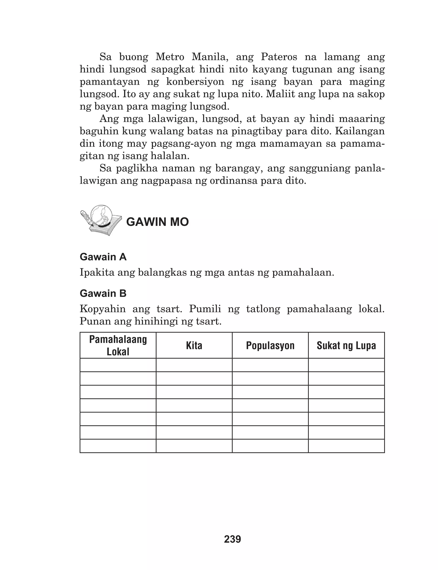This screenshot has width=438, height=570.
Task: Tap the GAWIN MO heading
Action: click(157, 222)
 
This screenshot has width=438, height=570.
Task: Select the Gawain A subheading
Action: click(103, 257)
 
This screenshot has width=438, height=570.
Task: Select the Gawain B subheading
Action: click(103, 293)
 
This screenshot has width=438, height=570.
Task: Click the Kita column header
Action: click(194, 345)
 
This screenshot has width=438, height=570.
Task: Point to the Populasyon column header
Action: click(270, 345)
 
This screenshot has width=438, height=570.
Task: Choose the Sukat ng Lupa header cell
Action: click(346, 345)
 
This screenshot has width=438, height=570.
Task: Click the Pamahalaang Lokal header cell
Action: click(118, 345)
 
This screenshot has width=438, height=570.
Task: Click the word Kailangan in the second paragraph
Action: click(360, 131)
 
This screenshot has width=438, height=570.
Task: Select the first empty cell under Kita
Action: click(194, 365)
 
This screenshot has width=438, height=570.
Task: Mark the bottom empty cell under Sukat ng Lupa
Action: click(346, 446)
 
